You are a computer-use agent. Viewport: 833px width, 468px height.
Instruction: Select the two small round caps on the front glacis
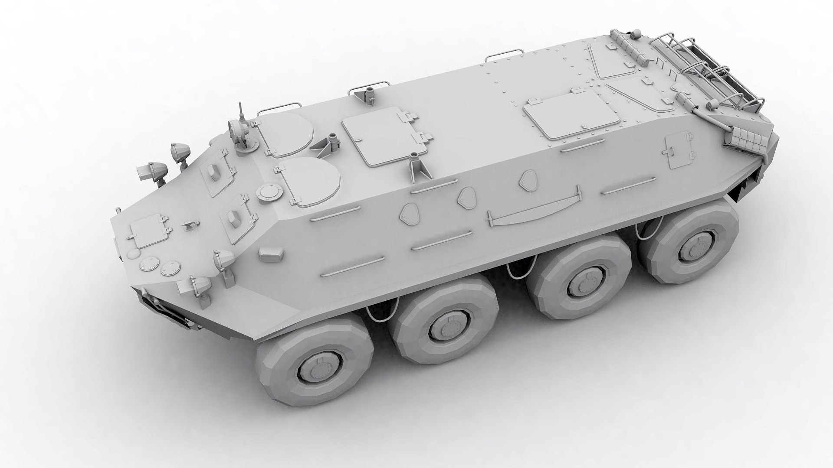[x=160, y=266]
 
